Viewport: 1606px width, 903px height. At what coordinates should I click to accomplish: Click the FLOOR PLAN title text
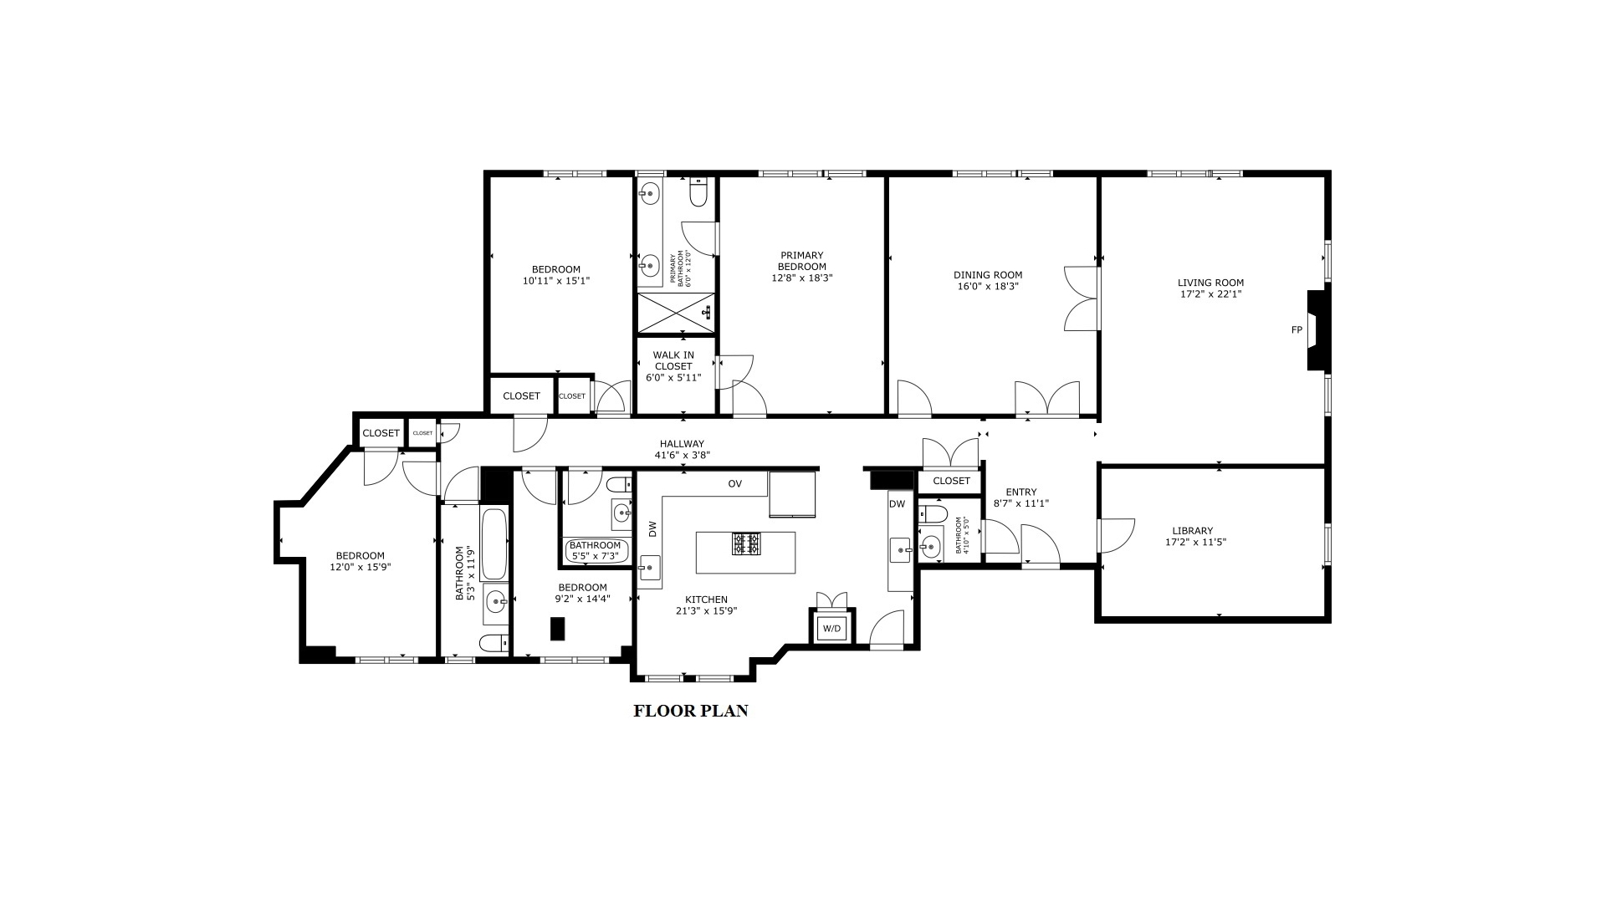[x=690, y=712]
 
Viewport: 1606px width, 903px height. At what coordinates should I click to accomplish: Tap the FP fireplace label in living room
[x=1297, y=330]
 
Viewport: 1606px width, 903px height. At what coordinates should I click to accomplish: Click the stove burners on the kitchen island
[x=746, y=544]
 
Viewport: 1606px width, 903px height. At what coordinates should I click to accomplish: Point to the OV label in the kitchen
[x=734, y=484]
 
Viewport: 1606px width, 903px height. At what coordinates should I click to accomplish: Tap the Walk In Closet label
[x=673, y=360]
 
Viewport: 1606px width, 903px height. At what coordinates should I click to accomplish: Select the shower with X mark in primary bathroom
[x=676, y=313]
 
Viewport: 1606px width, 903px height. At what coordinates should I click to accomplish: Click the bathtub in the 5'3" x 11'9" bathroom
[x=494, y=544]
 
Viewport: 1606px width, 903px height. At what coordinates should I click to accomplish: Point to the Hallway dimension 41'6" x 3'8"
[x=682, y=456]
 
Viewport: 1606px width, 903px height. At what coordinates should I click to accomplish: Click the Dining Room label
[x=988, y=275]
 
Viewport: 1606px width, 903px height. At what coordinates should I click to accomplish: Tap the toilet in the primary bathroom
[x=698, y=194]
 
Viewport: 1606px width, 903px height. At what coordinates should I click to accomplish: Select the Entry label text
[x=1020, y=492]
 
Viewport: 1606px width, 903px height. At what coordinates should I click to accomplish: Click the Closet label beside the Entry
[x=951, y=481]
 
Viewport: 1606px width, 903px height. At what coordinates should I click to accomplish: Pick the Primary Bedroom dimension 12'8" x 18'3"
[x=801, y=278]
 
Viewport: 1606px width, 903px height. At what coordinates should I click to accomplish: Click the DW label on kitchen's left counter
[x=652, y=528]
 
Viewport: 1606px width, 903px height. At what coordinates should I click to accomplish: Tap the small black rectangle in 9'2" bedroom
[x=557, y=629]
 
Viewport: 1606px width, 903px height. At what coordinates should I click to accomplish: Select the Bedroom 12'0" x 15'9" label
[x=360, y=556]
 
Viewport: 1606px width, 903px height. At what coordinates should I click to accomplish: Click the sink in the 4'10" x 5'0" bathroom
[x=929, y=548]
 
